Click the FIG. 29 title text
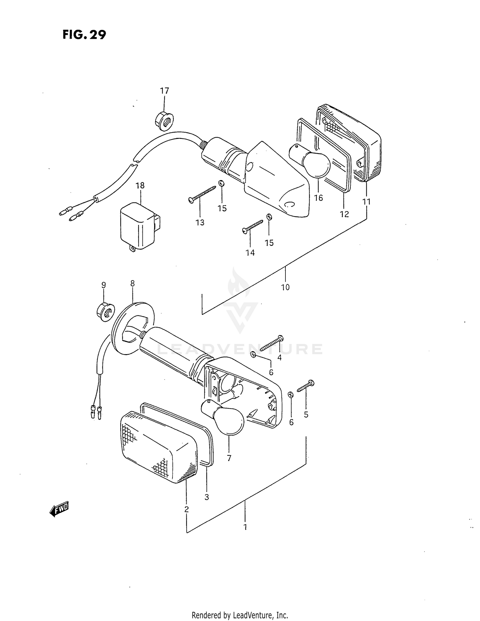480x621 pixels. pos(84,35)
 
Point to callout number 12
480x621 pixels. pos(344,214)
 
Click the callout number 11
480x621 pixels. pos(366,202)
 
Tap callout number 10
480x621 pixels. pos(285,287)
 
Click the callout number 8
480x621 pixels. pos(132,283)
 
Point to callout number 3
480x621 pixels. pos(207,497)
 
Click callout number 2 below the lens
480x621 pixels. pos(186,509)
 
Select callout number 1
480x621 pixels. pos(245,527)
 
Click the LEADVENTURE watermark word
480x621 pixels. pos(240,349)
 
